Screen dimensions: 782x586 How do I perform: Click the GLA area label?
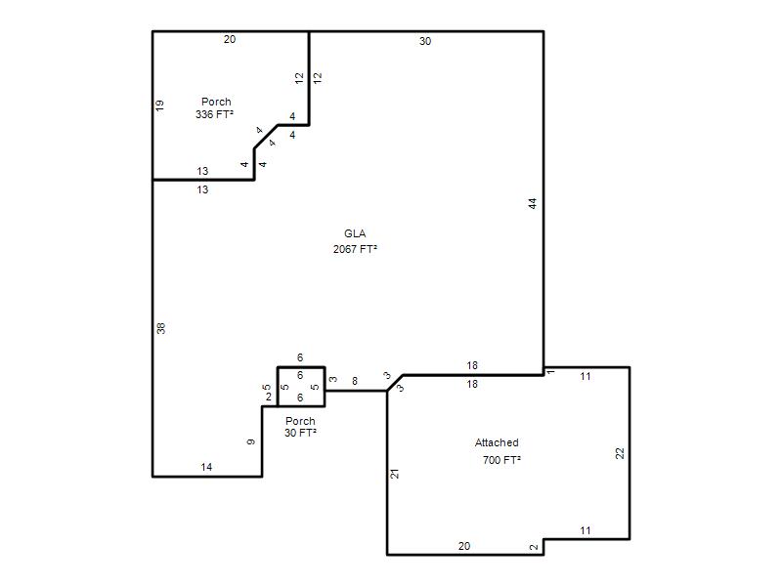tap(355, 233)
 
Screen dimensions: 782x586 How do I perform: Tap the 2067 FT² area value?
tap(355, 249)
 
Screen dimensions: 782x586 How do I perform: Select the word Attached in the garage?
tap(497, 442)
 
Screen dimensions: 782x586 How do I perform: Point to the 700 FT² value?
tap(501, 459)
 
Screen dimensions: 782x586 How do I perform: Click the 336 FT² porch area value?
tap(214, 114)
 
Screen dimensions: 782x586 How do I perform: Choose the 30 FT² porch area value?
tap(300, 433)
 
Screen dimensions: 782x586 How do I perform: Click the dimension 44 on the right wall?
tap(533, 203)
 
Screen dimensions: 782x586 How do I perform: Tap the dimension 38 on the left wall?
tap(160, 328)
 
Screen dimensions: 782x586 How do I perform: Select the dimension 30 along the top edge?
tap(425, 41)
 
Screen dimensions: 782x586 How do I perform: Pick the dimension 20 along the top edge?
tap(230, 39)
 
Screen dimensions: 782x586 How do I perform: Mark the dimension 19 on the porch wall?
tap(159, 105)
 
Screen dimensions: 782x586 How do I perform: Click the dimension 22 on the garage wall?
tap(620, 453)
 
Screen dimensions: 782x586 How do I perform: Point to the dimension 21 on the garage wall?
tap(395, 474)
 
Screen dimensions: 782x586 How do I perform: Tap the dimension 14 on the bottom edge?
tap(206, 467)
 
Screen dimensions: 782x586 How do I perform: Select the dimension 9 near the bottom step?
tap(251, 441)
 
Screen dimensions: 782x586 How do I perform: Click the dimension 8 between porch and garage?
tap(355, 381)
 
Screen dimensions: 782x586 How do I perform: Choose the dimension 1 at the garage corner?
tap(550, 372)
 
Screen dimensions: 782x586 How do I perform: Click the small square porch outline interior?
tap(301, 387)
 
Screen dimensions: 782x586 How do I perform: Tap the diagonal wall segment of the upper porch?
tap(266, 137)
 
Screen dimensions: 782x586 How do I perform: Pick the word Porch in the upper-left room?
tap(216, 102)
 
